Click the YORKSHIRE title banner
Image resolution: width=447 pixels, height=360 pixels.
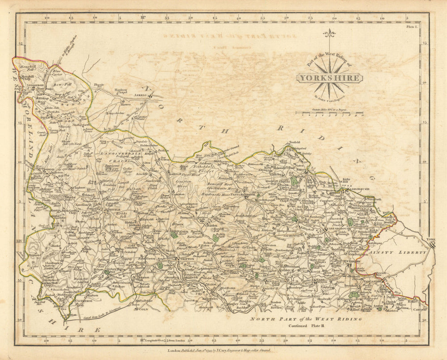tap(329, 78)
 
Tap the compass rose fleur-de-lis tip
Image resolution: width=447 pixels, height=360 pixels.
tap(329, 33)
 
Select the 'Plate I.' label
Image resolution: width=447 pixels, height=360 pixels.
tap(412, 27)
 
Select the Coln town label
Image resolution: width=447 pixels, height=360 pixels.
tap(143, 309)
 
